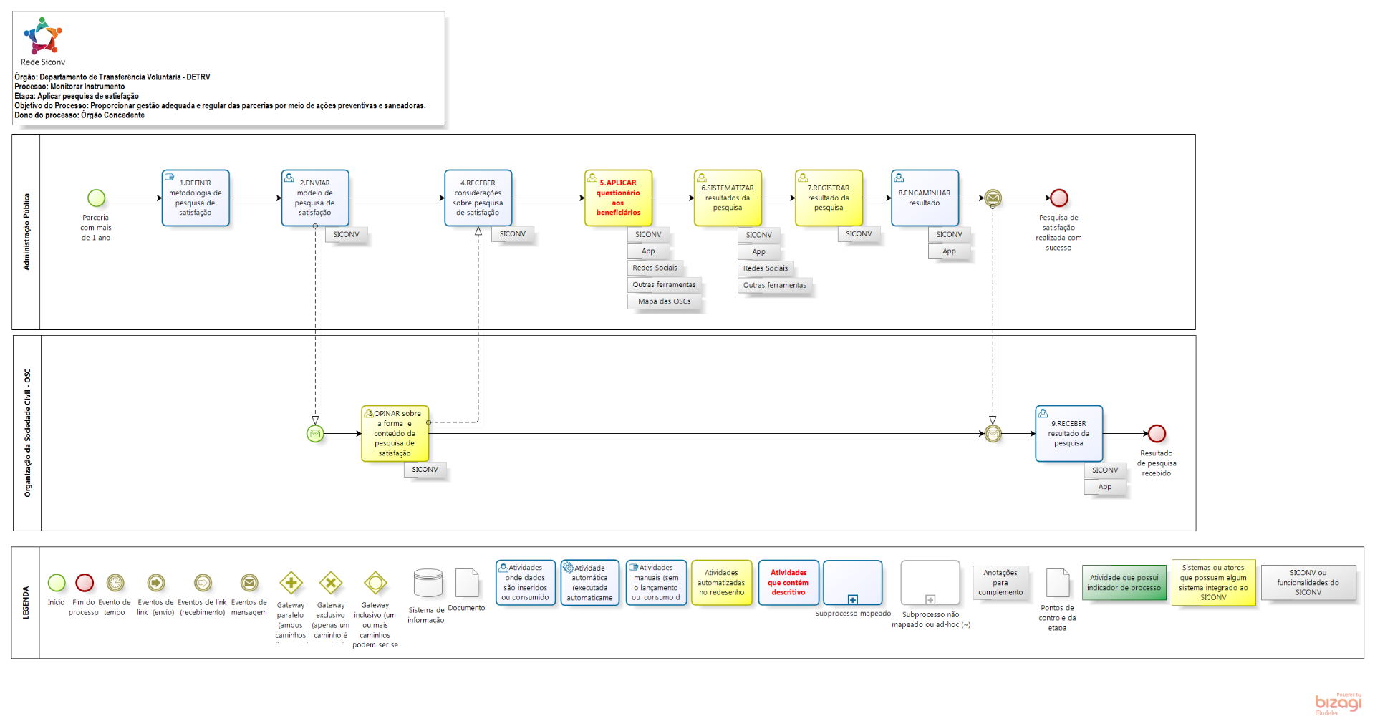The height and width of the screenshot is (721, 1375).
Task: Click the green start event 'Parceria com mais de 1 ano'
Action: coord(96,198)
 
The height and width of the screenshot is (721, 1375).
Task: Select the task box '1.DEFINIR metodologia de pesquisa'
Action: coord(196,198)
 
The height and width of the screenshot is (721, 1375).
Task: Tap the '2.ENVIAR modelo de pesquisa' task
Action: coord(315,198)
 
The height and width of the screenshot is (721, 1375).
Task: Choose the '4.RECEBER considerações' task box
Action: coord(478,198)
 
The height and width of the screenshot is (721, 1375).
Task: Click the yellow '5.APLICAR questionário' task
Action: coord(618,198)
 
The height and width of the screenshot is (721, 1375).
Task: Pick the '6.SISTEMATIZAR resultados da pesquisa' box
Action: coord(728,198)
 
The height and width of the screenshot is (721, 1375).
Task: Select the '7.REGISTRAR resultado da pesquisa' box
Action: coord(829,198)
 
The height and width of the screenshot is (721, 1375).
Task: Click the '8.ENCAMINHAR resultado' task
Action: coord(925,198)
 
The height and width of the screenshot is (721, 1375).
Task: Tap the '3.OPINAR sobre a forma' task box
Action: coord(395,433)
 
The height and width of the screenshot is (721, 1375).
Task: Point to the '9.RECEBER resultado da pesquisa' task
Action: coord(1068,433)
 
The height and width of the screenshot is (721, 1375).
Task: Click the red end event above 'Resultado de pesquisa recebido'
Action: coord(1157,433)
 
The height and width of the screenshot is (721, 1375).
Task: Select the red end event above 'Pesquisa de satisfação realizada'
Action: coord(1058,198)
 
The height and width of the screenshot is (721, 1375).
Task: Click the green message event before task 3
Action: coord(315,433)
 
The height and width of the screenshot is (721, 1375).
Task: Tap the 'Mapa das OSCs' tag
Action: coord(664,301)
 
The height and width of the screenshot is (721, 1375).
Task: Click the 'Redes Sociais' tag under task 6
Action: coord(765,268)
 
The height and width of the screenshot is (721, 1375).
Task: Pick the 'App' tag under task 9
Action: coord(1105,487)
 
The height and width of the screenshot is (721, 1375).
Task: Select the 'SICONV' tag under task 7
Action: coord(859,234)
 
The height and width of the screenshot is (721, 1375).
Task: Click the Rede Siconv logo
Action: coord(43,37)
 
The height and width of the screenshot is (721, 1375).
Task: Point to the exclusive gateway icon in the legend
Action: coord(330,583)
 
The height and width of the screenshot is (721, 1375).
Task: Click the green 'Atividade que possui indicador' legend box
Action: coord(1124,583)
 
